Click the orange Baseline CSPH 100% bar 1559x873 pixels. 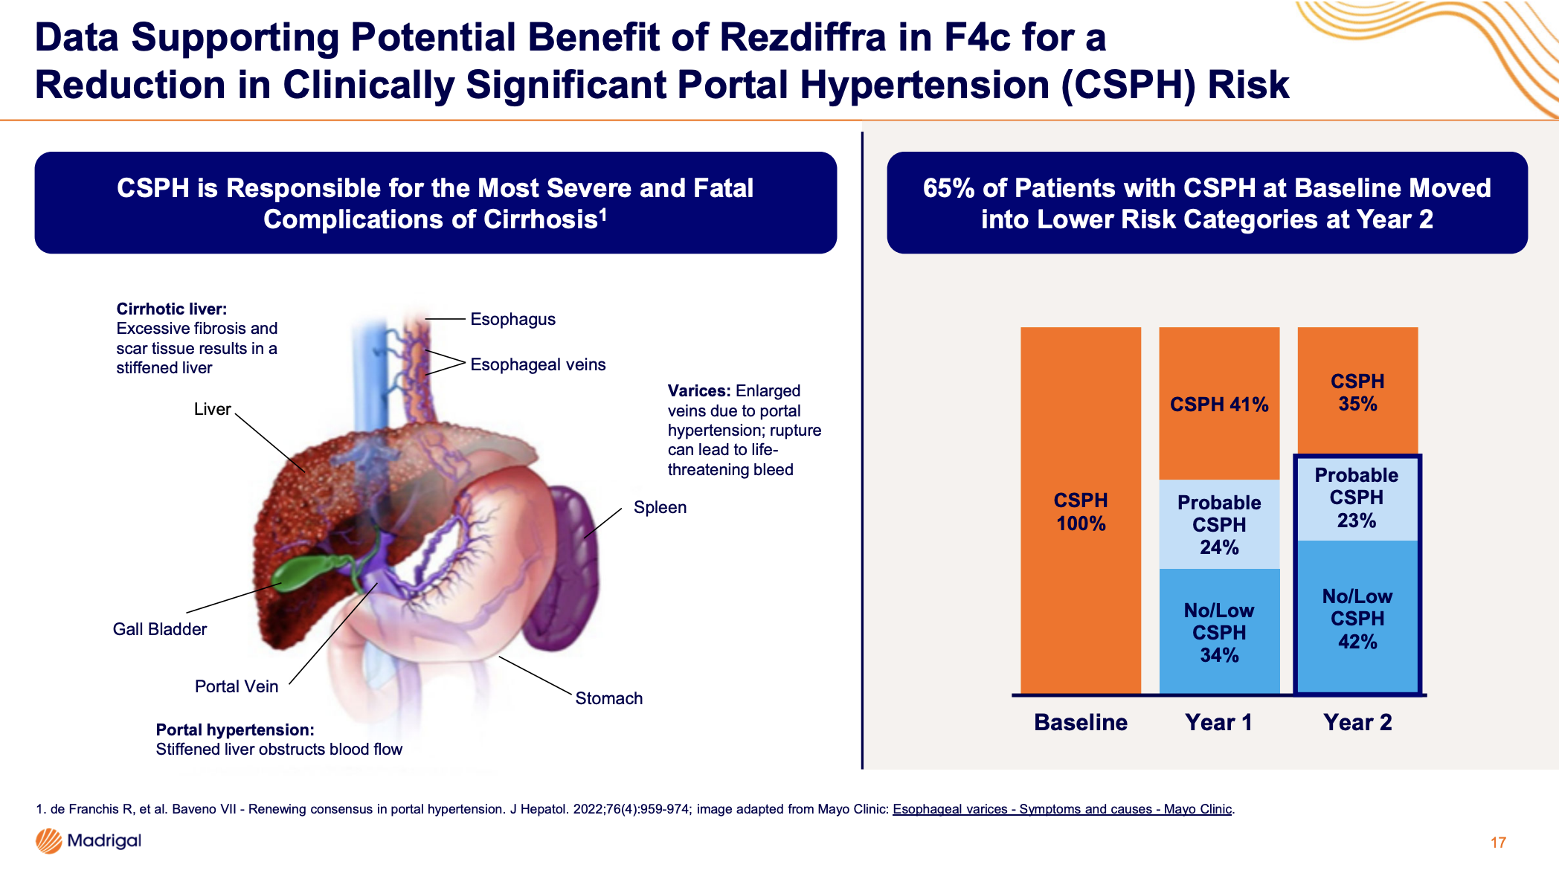point(1080,511)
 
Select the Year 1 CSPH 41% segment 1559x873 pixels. point(1219,404)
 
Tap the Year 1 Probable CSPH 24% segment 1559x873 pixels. point(1219,524)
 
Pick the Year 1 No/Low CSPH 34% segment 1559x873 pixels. point(1219,631)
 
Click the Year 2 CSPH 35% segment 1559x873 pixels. point(1357,392)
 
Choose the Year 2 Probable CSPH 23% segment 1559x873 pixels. point(1357,497)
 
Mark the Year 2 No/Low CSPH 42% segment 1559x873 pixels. point(1357,618)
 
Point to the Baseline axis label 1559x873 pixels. point(1080,722)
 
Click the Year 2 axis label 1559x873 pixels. point(1357,722)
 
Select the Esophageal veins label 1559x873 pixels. point(538,364)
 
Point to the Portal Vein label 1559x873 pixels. point(237,686)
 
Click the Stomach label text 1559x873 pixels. point(608,698)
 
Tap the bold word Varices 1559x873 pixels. point(698,391)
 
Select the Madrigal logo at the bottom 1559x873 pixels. point(89,841)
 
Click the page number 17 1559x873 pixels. point(1498,843)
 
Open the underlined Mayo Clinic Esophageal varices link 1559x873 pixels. point(1061,809)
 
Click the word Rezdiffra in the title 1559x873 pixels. point(803,37)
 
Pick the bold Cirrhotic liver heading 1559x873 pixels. point(172,309)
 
